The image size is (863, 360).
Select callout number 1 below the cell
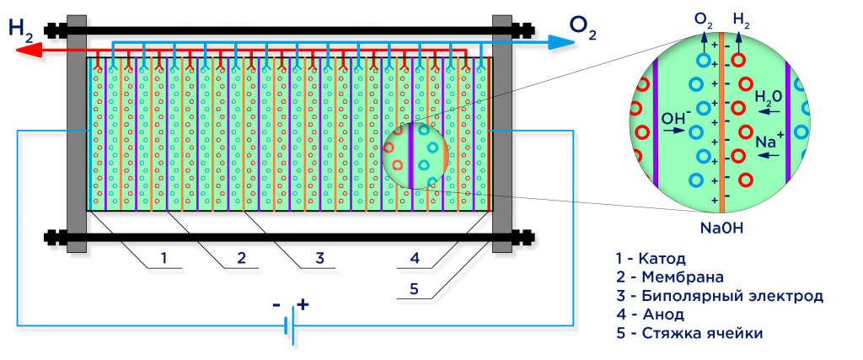[x=164, y=258]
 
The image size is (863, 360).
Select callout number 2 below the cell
[x=241, y=258]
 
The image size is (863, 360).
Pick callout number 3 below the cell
[x=319, y=258]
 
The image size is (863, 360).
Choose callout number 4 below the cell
[x=414, y=258]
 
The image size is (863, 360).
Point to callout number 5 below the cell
[x=414, y=288]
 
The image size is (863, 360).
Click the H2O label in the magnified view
[x=768, y=98]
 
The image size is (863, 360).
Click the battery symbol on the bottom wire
[x=288, y=325]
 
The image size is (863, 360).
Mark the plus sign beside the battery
[x=303, y=305]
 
